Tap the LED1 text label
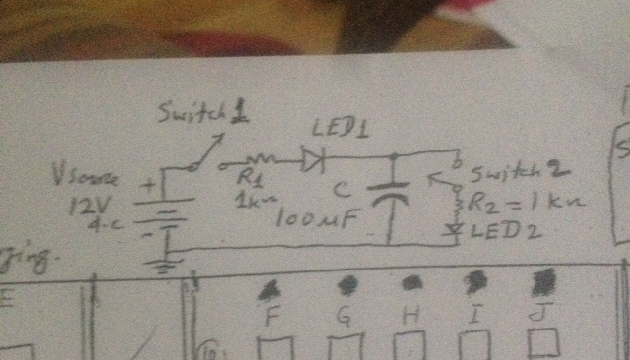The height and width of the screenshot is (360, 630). [335, 130]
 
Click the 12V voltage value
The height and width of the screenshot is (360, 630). [88, 207]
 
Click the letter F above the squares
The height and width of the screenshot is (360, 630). [273, 317]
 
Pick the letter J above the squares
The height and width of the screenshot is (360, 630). [536, 316]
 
